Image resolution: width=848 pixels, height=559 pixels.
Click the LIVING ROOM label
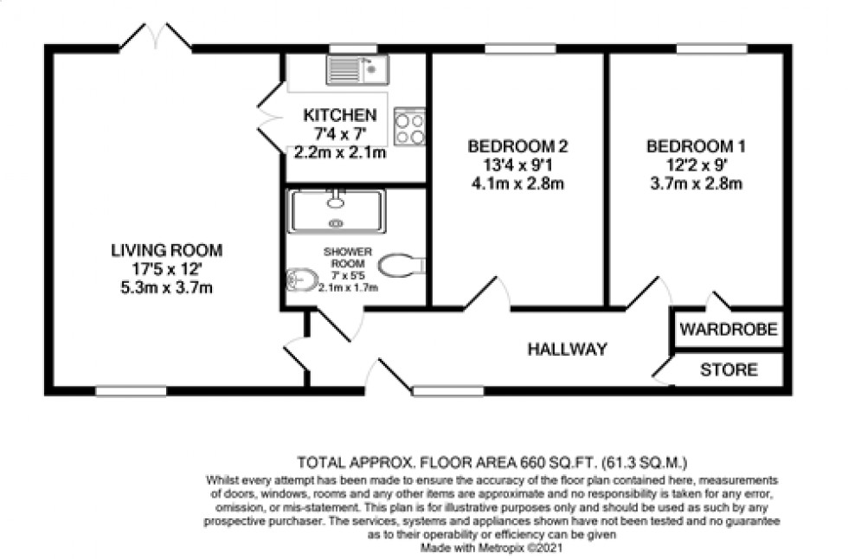tap(166, 251)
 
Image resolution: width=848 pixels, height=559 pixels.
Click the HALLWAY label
tap(568, 350)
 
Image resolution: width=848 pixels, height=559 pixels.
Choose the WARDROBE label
tap(729, 330)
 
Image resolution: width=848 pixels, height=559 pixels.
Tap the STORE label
tap(729, 370)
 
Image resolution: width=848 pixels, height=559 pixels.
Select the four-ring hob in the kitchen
tap(409, 126)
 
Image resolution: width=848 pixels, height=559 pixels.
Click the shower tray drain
tap(336, 222)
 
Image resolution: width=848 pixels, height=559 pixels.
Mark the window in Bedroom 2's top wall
tap(519, 48)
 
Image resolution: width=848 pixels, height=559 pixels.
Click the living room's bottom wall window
tap(131, 391)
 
